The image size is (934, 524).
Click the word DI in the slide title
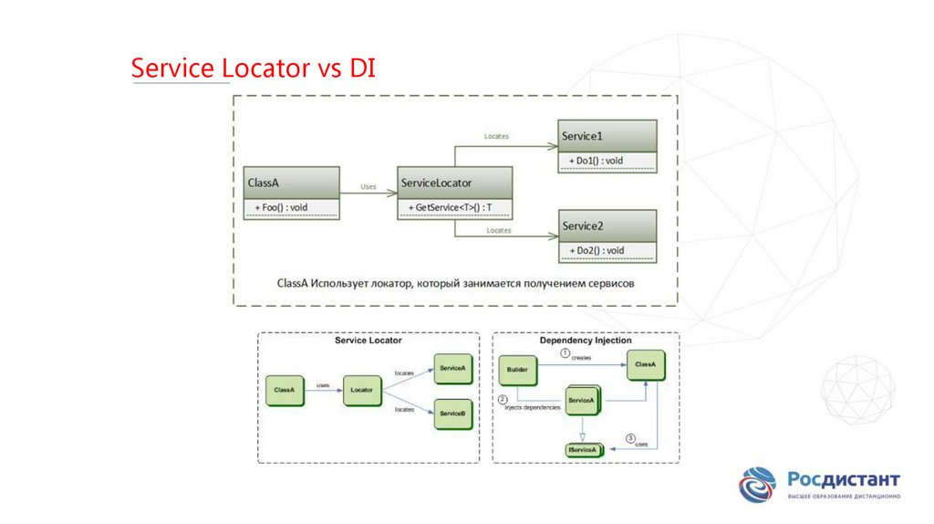coord(358,68)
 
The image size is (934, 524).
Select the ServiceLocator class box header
coord(454,183)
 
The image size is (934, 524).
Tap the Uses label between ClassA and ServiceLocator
coord(368,186)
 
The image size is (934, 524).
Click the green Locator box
coord(362,390)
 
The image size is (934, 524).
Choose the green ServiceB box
coord(453,414)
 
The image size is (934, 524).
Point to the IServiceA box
coord(583,449)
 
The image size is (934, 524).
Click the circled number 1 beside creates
coord(565,352)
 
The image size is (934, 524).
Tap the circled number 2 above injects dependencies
coord(503,399)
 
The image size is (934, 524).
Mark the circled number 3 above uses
coord(630,437)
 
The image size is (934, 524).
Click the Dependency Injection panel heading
coord(585,341)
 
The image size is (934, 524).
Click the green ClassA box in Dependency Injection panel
coord(645,364)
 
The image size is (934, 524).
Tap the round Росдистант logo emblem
coord(757,485)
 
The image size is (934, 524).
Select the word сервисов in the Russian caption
coord(607,283)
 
